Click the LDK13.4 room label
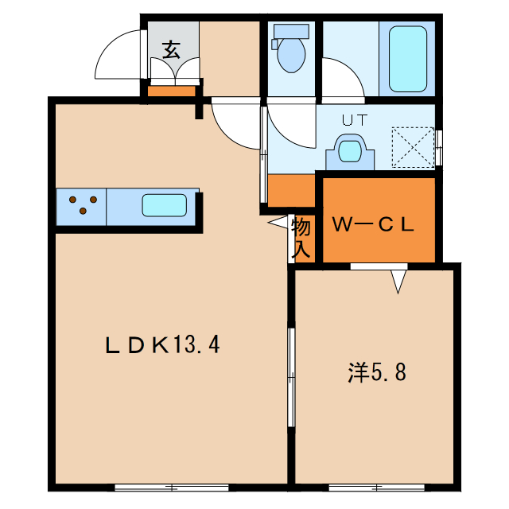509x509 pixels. point(162,344)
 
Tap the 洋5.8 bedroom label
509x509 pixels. point(377,372)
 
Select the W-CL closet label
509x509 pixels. point(373,224)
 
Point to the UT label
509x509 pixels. point(355,120)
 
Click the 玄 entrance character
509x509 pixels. point(172,49)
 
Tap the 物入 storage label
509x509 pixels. point(301,238)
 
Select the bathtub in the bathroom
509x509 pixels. point(408,59)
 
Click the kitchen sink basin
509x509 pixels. point(165,205)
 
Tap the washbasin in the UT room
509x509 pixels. point(350,152)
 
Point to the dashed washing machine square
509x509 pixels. point(413,147)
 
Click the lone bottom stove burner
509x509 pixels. point(83,211)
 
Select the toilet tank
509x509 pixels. point(291,32)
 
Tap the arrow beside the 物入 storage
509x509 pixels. point(278,222)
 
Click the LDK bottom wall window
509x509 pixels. point(172,488)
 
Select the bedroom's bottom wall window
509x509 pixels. point(376,488)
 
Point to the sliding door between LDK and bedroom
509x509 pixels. point(291,377)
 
